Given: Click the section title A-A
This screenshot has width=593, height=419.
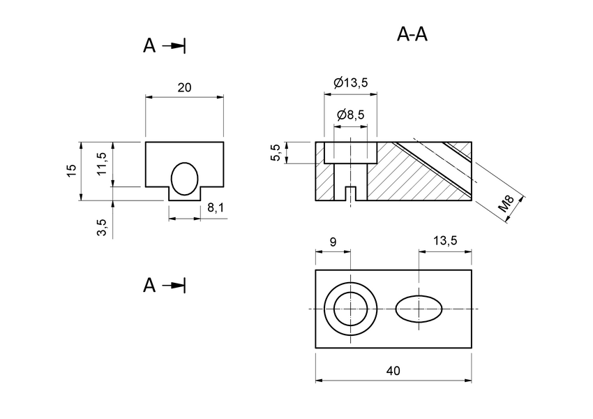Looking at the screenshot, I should (412, 34).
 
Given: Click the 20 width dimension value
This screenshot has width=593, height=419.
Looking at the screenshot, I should (184, 87).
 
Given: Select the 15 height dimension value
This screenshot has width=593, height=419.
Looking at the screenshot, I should (71, 171).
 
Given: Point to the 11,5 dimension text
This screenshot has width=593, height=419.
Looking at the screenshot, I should (102, 165).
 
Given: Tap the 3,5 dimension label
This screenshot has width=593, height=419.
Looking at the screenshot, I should (102, 228).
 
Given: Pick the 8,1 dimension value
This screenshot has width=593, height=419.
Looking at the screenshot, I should (216, 207).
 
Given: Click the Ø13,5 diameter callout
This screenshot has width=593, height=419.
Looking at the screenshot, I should (350, 82).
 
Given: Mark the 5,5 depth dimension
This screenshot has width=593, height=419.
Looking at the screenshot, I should (276, 153).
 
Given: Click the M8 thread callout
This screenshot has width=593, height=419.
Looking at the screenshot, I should (507, 204).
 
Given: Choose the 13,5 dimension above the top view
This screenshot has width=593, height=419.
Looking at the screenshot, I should (445, 241).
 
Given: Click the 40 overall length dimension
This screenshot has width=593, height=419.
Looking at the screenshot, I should (393, 371).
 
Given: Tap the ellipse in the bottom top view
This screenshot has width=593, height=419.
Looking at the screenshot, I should (419, 309).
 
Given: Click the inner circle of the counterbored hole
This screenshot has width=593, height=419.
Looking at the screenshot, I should (350, 309).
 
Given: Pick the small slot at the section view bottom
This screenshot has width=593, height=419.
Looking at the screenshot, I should (350, 193).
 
